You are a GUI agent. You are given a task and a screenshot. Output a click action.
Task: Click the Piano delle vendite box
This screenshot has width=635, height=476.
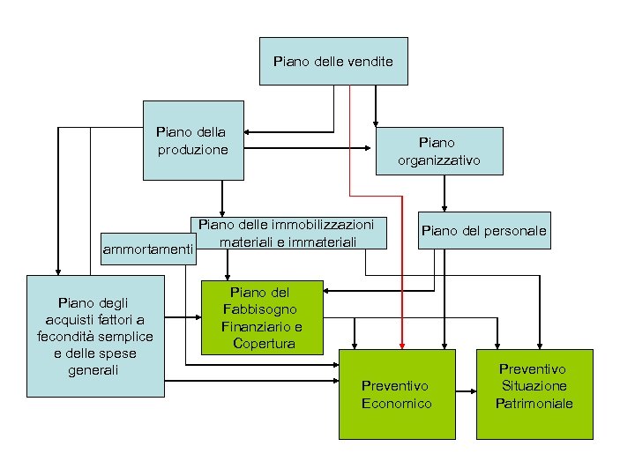333,62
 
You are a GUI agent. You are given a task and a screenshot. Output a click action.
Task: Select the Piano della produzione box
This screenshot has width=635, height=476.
193,141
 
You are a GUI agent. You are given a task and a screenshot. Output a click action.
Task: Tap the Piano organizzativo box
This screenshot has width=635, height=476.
438,151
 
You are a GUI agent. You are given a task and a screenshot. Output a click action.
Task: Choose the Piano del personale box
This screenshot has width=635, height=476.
483,232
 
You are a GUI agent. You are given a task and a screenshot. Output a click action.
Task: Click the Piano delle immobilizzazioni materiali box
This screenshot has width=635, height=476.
288,232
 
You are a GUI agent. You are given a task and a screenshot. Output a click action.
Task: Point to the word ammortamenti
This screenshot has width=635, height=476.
148,250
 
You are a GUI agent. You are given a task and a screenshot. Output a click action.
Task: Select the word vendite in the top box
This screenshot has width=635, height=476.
370,62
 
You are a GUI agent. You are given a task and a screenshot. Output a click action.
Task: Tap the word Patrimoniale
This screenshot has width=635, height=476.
534,403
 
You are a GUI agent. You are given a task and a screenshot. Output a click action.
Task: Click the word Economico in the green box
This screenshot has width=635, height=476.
397,403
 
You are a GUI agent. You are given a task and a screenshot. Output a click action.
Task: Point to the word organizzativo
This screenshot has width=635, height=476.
438,160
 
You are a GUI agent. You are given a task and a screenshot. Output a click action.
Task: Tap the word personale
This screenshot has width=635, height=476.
515,232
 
